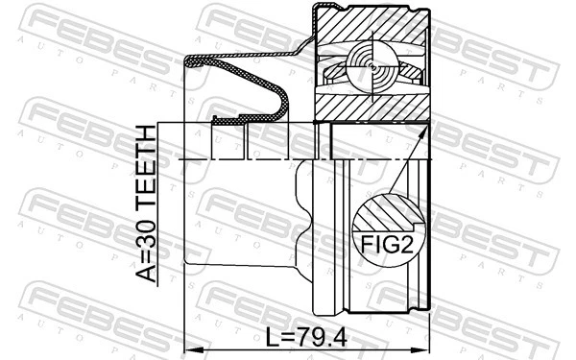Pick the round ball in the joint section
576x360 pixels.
coord(372,64)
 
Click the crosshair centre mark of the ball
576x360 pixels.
coord(372,64)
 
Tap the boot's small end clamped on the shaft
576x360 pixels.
coord(230,120)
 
